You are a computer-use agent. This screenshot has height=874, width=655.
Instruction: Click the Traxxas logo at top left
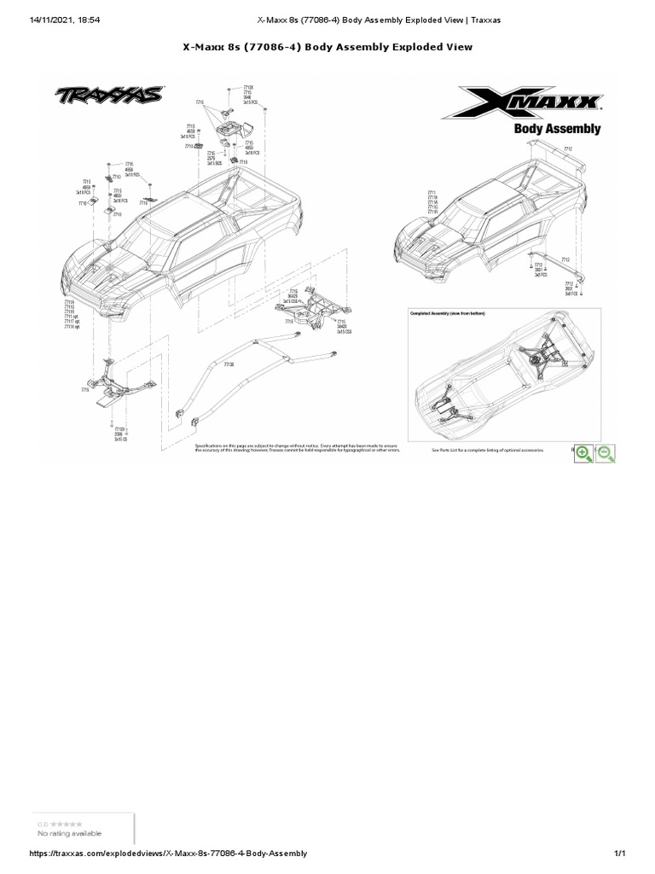coord(110,96)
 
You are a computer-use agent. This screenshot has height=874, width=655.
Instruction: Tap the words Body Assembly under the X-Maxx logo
coord(556,129)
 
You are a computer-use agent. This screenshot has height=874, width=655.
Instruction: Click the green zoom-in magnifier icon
coord(584,454)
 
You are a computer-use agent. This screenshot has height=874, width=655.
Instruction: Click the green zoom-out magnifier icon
coord(606,454)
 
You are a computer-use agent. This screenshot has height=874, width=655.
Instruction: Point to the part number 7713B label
coord(228,364)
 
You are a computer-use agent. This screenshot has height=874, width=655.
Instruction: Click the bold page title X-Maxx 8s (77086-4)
coord(327,47)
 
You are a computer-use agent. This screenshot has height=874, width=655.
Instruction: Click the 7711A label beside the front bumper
coord(69,302)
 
